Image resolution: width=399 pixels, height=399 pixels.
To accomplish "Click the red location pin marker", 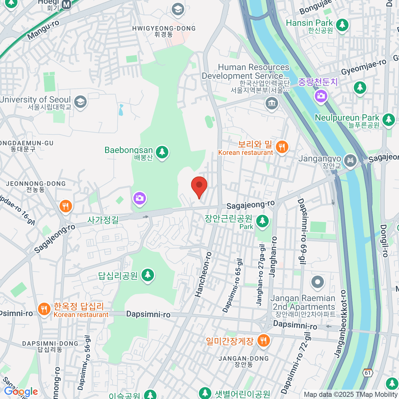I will (199, 186).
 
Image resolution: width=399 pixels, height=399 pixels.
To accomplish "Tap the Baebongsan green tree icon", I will (162, 152).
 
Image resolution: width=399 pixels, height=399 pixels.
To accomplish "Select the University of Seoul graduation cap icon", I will (80, 102).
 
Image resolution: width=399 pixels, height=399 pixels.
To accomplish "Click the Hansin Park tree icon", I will (342, 25).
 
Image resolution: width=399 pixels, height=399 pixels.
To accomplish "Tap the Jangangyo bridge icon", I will (350, 161).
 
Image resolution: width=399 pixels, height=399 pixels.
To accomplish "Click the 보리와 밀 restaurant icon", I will (282, 147).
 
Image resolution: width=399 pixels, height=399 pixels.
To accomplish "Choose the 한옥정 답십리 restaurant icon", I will (44, 309).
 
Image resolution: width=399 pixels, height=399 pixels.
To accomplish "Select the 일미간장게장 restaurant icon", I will (263, 340).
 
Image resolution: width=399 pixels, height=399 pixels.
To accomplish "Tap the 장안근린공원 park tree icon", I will (262, 221).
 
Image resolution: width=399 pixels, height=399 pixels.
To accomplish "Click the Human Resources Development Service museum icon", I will (272, 103).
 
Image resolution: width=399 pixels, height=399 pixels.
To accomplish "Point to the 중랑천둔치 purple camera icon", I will (321, 96).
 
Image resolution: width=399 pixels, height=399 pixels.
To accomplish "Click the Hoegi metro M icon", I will (67, 4).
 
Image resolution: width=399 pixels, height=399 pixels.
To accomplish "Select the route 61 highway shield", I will (367, 373).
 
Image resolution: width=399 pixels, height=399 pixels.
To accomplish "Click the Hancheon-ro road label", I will (203, 274).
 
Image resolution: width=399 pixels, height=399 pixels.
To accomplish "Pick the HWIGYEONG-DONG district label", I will (164, 29).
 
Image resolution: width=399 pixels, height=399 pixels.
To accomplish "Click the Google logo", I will (21, 392).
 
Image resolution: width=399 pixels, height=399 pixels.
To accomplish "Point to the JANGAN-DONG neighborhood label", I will (243, 358).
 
